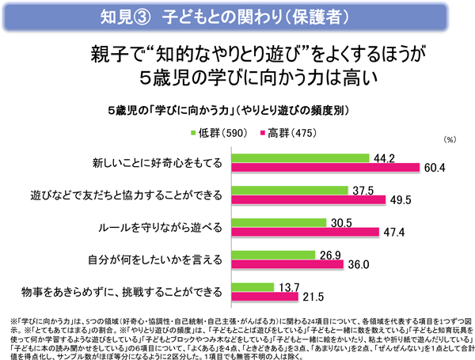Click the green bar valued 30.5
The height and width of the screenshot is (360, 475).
[278, 223]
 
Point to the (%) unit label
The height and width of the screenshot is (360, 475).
[450, 139]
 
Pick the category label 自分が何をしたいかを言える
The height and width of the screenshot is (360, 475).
[158, 260]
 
